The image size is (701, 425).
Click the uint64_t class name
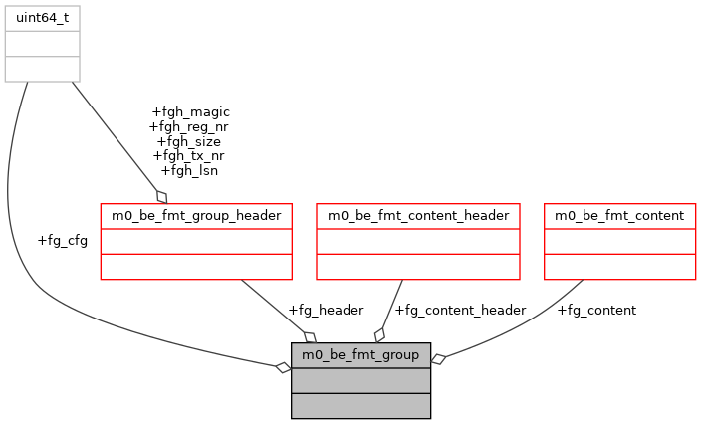tap(42, 18)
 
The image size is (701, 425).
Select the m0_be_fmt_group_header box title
tap(196, 215)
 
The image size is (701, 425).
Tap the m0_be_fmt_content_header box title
tap(418, 215)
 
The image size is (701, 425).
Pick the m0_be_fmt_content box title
tap(618, 215)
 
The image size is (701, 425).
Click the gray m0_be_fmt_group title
tap(360, 354)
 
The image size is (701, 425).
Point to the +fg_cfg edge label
tap(62, 240)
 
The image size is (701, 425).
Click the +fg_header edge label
tap(325, 310)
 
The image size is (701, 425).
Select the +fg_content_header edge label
tap(460, 310)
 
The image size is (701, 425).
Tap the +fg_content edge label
tap(595, 310)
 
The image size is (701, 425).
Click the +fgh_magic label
tap(190, 111)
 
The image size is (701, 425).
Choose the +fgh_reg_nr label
tap(188, 126)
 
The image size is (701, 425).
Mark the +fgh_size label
tap(188, 141)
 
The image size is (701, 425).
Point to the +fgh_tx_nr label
tap(188, 155)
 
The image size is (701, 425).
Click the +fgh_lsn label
tap(188, 170)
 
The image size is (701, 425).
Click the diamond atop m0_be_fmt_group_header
tap(160, 196)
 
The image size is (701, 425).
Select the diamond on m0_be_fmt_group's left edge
tap(284, 368)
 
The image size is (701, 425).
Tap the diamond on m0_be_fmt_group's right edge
tap(437, 359)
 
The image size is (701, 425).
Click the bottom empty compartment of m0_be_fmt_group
tap(360, 405)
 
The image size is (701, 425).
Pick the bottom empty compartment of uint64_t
tap(42, 69)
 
